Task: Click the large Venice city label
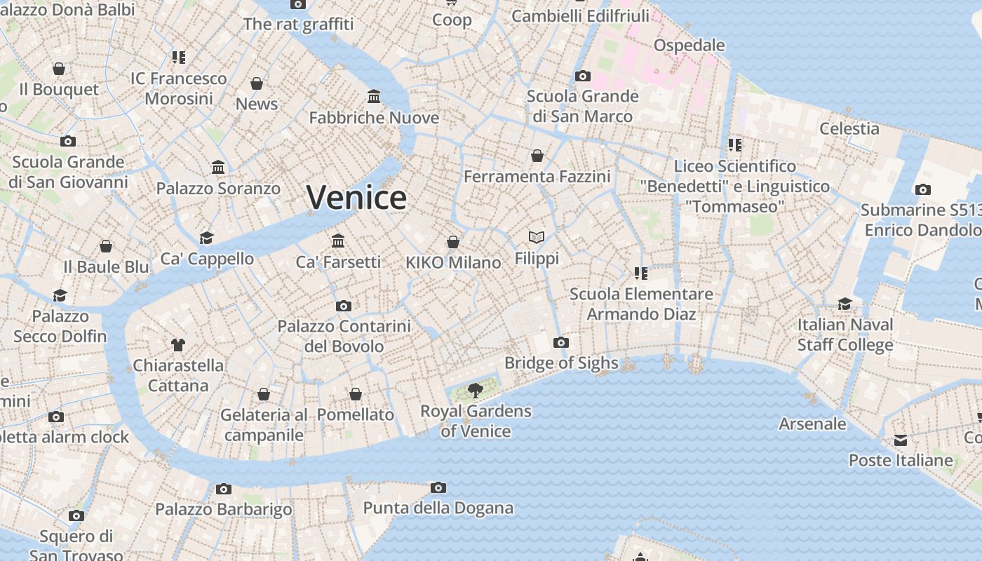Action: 356,198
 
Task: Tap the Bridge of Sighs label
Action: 561,363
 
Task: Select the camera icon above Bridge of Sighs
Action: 560,343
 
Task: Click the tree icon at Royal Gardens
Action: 476,391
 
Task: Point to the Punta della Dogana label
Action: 438,508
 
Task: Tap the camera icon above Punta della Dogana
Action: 438,488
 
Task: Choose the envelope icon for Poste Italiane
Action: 901,440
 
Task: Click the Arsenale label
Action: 812,424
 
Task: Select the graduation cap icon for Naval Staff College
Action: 845,304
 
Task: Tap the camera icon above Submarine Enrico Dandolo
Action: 922,189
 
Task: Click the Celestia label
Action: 849,128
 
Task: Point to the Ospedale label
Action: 689,46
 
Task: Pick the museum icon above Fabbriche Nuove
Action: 374,96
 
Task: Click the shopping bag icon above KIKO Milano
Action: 453,243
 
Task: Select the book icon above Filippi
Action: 537,238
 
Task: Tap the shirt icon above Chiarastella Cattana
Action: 178,345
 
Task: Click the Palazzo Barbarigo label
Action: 223,509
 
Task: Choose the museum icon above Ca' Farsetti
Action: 338,241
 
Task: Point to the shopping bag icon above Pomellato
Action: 356,395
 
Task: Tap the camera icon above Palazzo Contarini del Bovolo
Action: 343,306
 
